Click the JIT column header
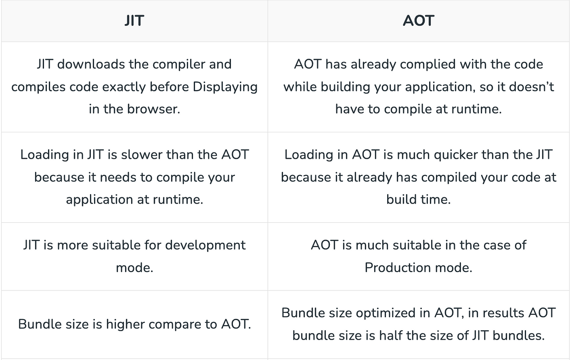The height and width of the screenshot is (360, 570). tap(134, 21)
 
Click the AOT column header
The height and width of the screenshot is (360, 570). tap(419, 21)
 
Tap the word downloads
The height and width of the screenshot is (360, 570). tap(91, 64)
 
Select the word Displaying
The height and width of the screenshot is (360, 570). tap(225, 87)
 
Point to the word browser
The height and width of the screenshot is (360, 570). tap(153, 109)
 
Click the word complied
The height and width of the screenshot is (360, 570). tap(427, 64)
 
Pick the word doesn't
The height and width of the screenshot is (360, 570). tap(531, 87)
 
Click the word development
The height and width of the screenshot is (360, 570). tap(205, 245)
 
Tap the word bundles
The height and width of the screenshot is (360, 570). tap(518, 335)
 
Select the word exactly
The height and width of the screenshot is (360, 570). tap(124, 87)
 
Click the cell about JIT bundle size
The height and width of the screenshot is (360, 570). tap(135, 324)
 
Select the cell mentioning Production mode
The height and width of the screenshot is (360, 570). tap(419, 257)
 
